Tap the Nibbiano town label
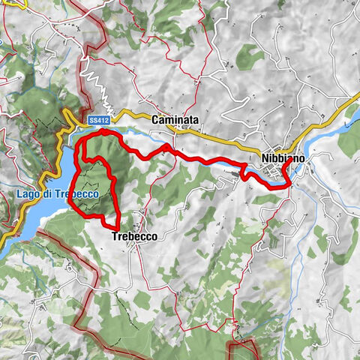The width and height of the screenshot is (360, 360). tap(283, 158)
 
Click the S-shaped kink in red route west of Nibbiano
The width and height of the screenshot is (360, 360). tap(244, 170)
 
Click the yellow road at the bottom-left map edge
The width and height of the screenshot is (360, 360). tap(4, 238)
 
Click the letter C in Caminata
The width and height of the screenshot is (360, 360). tap(154, 119)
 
